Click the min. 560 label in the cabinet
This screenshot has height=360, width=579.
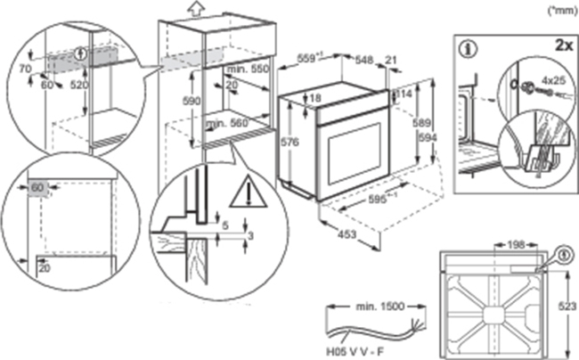coord(227,124)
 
